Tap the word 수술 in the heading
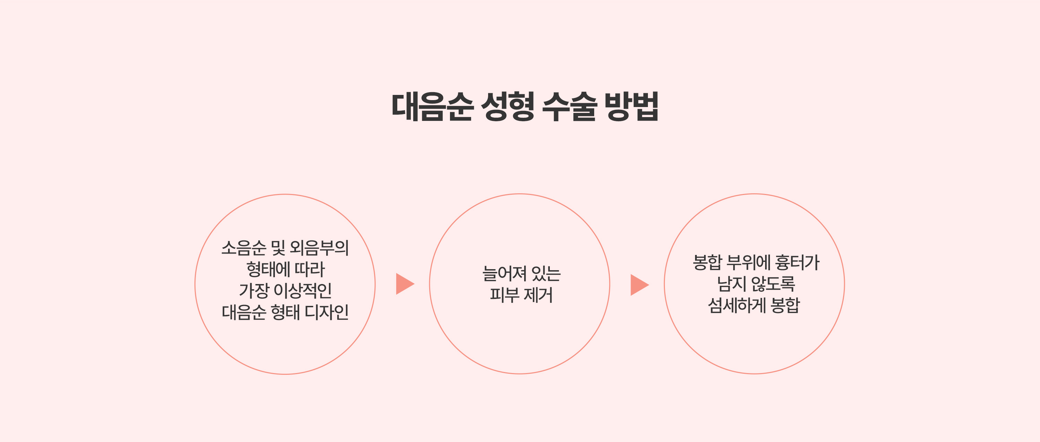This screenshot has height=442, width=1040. point(569,106)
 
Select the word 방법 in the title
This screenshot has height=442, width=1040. point(631,106)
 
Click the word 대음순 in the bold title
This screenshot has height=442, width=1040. point(432,106)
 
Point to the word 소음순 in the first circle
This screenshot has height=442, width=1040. point(244,248)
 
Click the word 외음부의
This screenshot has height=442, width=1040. point(319,248)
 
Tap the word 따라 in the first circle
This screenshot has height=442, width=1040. point(310,269)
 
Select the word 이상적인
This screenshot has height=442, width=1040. point(302,290)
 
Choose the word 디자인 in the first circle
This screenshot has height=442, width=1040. point(327,312)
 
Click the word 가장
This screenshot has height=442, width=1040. point(253,290)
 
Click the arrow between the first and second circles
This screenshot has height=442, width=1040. point(405,284)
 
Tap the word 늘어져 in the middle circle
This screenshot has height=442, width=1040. point(505,273)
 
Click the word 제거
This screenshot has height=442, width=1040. point(538,295)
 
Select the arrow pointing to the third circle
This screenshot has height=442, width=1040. point(640,285)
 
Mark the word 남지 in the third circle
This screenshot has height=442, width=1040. point(731,284)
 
